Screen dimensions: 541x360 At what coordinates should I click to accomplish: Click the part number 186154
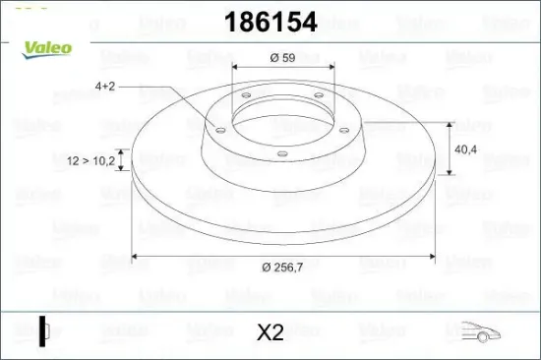click(270, 22)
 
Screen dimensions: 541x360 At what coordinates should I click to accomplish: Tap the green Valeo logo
click(47, 49)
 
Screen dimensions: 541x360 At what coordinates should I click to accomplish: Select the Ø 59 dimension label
click(283, 57)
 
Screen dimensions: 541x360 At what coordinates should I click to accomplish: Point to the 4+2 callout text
click(105, 86)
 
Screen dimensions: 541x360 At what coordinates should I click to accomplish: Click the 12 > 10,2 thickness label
click(90, 160)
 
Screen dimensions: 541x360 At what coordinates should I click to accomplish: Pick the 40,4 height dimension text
click(466, 150)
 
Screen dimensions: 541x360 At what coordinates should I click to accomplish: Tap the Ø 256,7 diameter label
click(282, 267)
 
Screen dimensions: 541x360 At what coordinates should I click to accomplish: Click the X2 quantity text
click(270, 332)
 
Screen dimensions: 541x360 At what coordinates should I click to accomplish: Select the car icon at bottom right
click(481, 331)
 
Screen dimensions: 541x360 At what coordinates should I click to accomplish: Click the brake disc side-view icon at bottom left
click(44, 330)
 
